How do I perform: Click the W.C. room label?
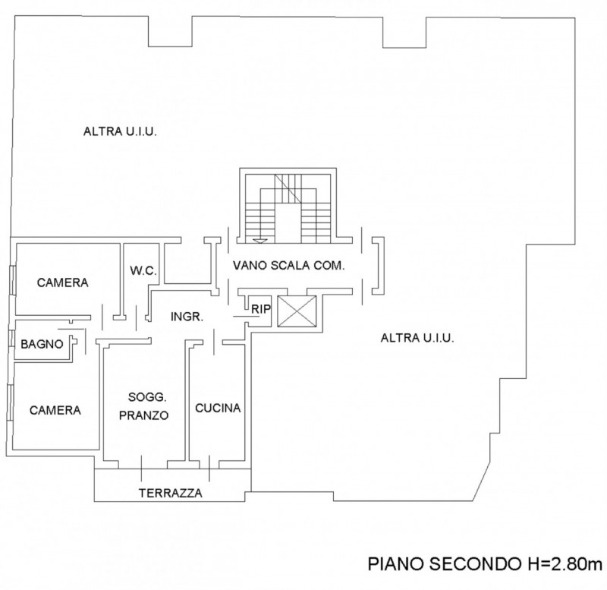click(143, 270)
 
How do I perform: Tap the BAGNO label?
click(42, 344)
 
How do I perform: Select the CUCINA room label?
click(218, 408)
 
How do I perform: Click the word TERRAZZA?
click(170, 493)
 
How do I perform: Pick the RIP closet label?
click(261, 308)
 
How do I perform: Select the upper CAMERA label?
click(63, 282)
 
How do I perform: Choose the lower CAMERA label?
click(55, 410)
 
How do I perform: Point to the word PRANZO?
click(147, 415)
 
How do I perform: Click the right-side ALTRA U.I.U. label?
click(417, 339)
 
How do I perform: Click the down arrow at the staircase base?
click(261, 239)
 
